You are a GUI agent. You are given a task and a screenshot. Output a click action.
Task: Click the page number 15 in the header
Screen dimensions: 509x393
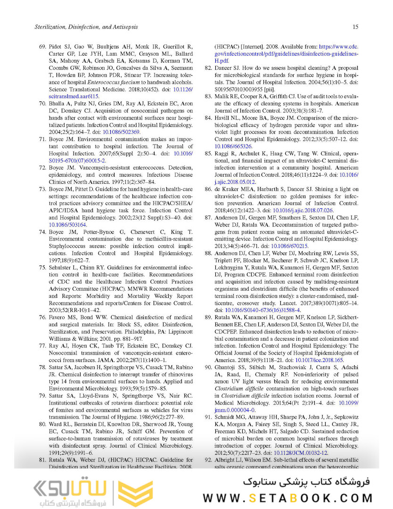coord(355,27)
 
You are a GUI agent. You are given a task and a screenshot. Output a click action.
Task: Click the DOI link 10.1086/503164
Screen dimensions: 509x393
coord(66,225)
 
